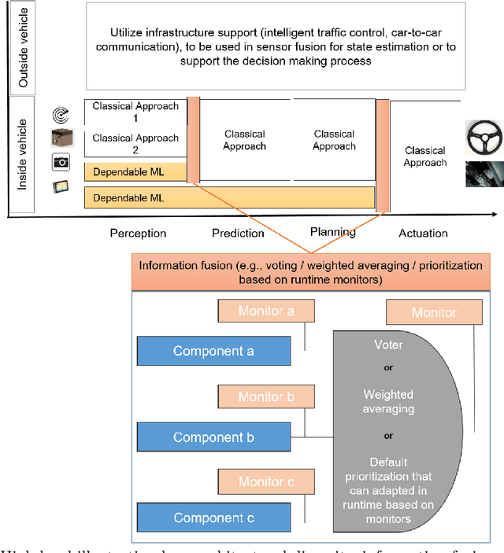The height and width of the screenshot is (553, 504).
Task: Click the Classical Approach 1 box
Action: [x=135, y=111]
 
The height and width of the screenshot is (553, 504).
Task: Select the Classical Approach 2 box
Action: [x=135, y=143]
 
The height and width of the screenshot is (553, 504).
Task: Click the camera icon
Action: [x=61, y=162]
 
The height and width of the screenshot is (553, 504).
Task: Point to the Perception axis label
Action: [x=138, y=233]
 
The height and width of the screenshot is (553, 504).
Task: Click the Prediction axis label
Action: [x=238, y=233]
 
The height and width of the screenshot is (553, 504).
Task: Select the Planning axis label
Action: [x=333, y=232]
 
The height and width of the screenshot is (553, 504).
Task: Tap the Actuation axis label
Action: [x=423, y=233]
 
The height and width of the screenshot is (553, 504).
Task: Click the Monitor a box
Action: [x=265, y=311]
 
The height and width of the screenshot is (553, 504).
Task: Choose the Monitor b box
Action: [x=265, y=396]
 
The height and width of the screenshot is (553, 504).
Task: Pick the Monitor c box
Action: [x=265, y=481]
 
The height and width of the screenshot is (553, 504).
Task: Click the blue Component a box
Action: [x=213, y=351]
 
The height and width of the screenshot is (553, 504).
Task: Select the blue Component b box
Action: [x=213, y=437]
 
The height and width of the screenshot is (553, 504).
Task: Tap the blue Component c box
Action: [x=213, y=518]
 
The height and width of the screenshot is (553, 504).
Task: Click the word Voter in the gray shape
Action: [x=388, y=344]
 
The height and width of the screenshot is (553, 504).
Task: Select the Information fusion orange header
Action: [x=310, y=271]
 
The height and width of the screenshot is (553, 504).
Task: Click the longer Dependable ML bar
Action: [x=228, y=197]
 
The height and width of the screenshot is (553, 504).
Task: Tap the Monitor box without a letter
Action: [x=433, y=312]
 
